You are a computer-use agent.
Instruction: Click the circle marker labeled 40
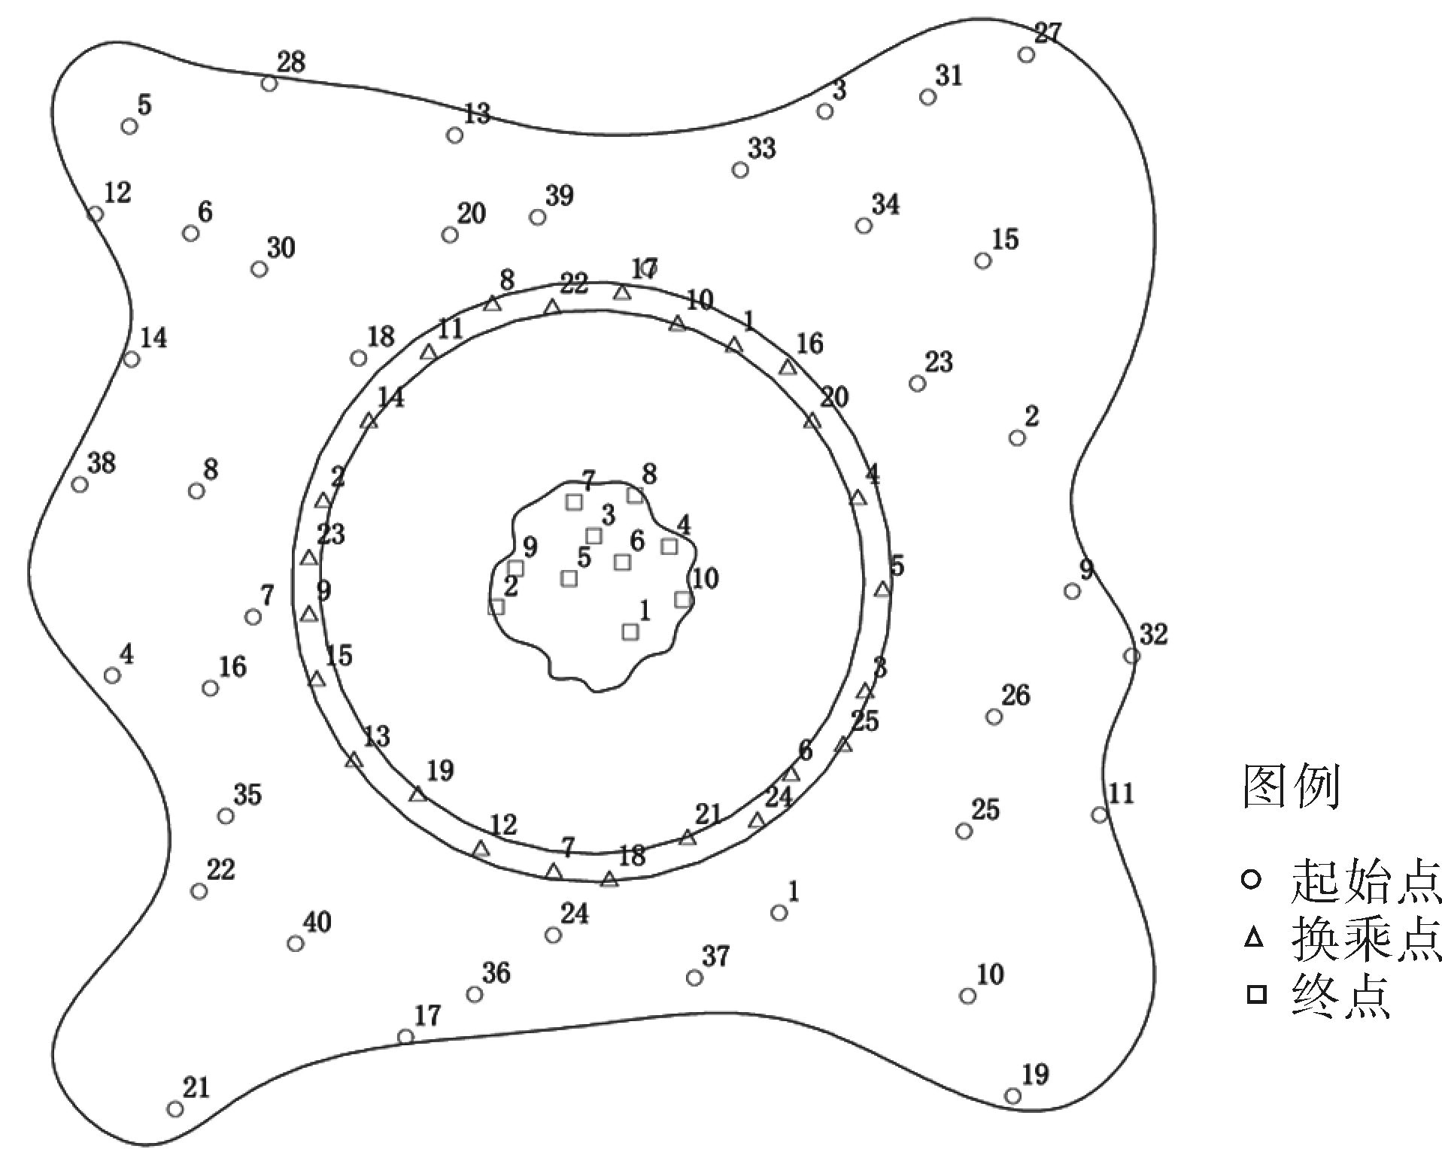pos(296,943)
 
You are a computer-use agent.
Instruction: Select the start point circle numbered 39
pos(537,217)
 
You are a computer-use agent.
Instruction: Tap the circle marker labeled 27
pos(1026,54)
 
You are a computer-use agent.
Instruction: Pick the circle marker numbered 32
pos(1131,656)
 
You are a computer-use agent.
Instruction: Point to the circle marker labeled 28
pos(269,83)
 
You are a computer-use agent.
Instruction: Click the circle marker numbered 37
pos(694,978)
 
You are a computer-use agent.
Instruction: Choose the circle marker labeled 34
pos(864,226)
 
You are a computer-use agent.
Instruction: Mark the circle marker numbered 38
pos(80,484)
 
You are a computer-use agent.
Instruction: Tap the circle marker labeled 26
pos(994,717)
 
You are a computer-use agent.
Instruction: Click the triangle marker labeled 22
pos(552,307)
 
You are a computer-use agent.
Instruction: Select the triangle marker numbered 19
pos(418,793)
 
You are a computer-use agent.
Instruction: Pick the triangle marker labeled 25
pos(844,744)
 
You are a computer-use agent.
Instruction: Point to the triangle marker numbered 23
pos(309,557)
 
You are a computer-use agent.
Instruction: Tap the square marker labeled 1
pos(630,632)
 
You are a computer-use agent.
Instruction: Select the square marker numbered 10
pos(683,599)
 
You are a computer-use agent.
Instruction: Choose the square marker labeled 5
pos(569,578)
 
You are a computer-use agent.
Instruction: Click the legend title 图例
pos(1291,787)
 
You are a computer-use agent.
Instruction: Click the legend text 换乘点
pos(1366,938)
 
